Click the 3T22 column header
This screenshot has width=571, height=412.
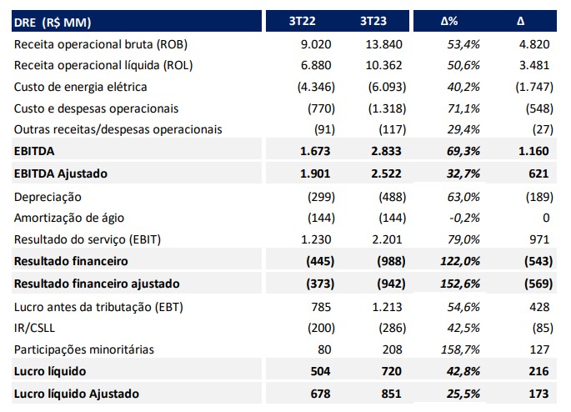tap(302, 21)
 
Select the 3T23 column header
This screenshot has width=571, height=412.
tap(373, 21)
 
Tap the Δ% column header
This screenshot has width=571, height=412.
tap(449, 21)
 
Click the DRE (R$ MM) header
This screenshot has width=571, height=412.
tap(53, 23)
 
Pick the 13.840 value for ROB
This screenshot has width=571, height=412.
tap(383, 44)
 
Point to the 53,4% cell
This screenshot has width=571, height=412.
tap(463, 44)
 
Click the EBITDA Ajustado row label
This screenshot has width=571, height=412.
tap(61, 173)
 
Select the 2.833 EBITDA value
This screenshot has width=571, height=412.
tap(386, 151)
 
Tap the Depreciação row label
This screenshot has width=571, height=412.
tap(48, 197)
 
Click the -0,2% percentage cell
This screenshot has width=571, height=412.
tap(464, 218)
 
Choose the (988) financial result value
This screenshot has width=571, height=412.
tap(391, 261)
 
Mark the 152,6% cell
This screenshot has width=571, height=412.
tap(460, 284)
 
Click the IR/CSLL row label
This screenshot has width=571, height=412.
tap(34, 329)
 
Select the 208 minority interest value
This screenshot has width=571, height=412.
tap(393, 349)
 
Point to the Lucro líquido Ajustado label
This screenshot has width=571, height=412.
tap(77, 394)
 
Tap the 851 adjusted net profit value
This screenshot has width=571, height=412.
tap(391, 394)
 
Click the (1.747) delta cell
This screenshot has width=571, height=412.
tap(534, 87)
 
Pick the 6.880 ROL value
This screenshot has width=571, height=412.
tap(316, 66)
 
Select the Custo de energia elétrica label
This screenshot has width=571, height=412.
tap(81, 87)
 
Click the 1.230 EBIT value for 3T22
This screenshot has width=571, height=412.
tap(316, 239)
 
